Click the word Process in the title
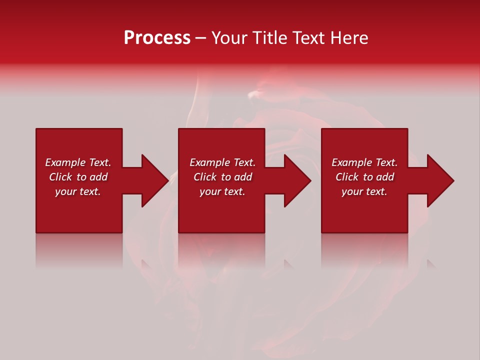click(157, 38)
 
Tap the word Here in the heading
click(348, 38)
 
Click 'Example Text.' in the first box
click(78, 162)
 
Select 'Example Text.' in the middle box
click(222, 162)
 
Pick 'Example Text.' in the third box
click(364, 162)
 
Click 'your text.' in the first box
click(78, 191)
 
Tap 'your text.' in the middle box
click(222, 191)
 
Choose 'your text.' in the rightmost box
click(364, 191)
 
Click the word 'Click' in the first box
click(61, 177)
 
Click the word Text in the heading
click(308, 38)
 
